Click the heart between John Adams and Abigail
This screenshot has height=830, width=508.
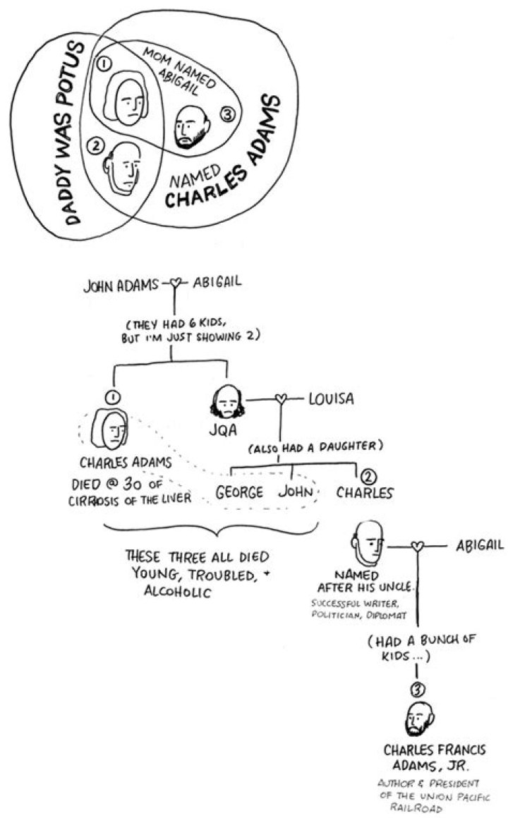[x=176, y=283]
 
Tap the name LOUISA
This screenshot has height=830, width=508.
[x=331, y=398]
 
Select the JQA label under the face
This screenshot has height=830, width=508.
[x=222, y=430]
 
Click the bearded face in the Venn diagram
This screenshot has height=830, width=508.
[x=192, y=126]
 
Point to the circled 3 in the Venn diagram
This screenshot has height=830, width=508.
[x=227, y=114]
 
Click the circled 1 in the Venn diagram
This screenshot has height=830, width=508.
[x=104, y=63]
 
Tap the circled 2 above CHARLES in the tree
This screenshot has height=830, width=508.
[x=369, y=477]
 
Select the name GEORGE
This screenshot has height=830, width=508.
[x=239, y=493]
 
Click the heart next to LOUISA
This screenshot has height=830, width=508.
[x=282, y=398]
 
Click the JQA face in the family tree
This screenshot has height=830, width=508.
[x=226, y=402]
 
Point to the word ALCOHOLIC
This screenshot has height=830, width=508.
[x=178, y=592]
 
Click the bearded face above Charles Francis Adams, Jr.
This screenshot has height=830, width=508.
[x=420, y=719]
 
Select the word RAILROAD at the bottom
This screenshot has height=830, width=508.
[x=416, y=807]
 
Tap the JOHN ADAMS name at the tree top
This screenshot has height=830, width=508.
[x=120, y=286]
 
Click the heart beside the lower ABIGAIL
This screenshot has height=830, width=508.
[x=418, y=546]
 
